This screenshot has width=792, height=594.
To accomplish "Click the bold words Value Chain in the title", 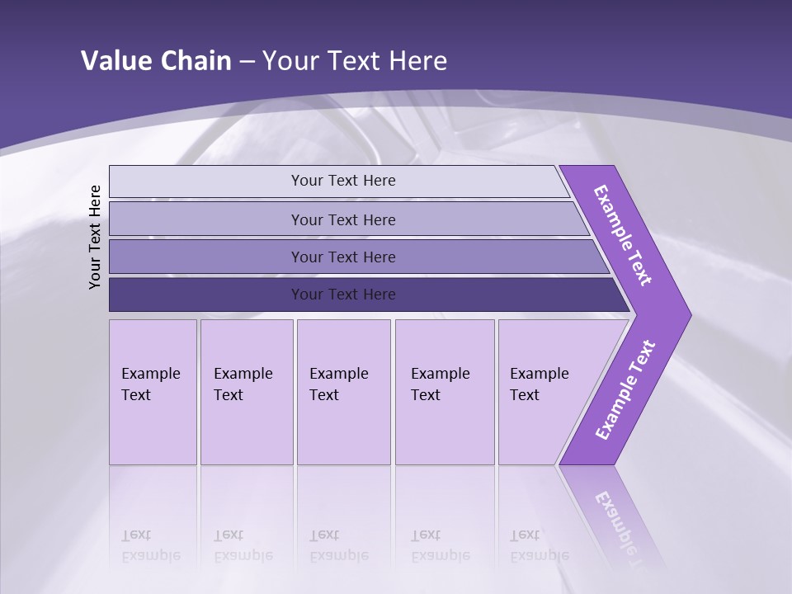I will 156,61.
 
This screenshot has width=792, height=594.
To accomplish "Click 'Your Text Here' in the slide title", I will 355,61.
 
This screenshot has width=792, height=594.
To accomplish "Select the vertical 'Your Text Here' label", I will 95,237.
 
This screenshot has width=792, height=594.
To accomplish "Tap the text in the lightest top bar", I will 343,181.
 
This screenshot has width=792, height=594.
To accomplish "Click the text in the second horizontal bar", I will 343,219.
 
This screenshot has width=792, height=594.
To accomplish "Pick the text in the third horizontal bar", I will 343,257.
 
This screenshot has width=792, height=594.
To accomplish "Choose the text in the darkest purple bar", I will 343,295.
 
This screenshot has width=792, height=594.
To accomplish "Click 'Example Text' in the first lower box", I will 150,384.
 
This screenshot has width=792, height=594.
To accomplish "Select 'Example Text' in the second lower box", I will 243,384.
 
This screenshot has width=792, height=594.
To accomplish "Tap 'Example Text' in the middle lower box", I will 338,384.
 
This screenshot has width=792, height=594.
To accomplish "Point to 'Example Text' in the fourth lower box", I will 440,384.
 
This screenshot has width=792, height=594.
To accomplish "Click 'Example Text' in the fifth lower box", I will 539,384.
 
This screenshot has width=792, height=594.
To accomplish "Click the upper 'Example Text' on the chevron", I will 623,236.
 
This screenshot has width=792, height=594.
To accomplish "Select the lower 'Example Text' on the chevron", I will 625,390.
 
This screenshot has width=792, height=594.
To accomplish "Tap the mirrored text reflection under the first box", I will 150,545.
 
